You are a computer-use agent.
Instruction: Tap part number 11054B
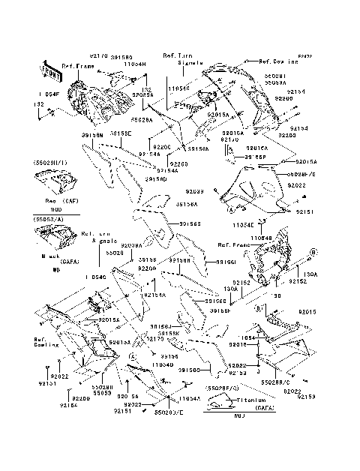pos(262,237)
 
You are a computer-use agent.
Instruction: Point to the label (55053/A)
pos(46,218)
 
